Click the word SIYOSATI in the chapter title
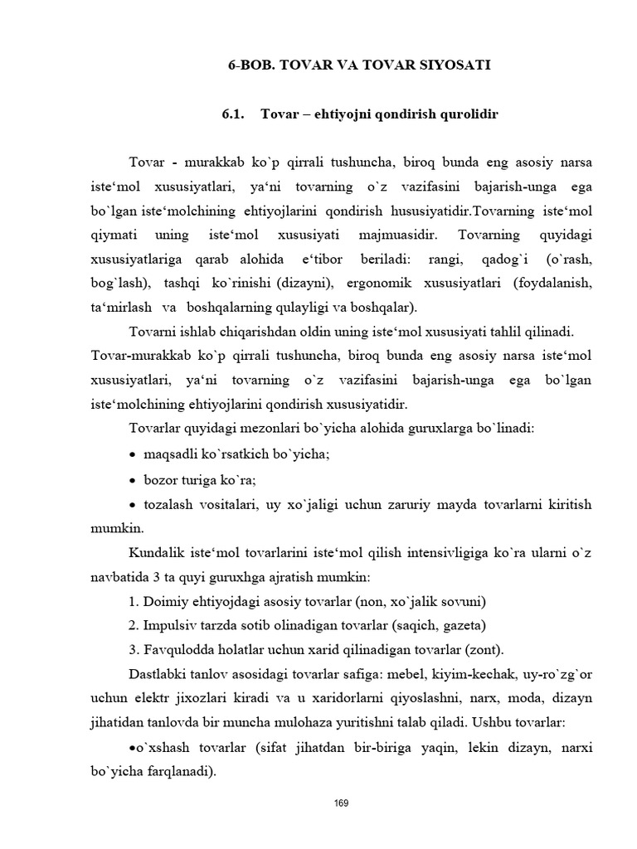(452, 65)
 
